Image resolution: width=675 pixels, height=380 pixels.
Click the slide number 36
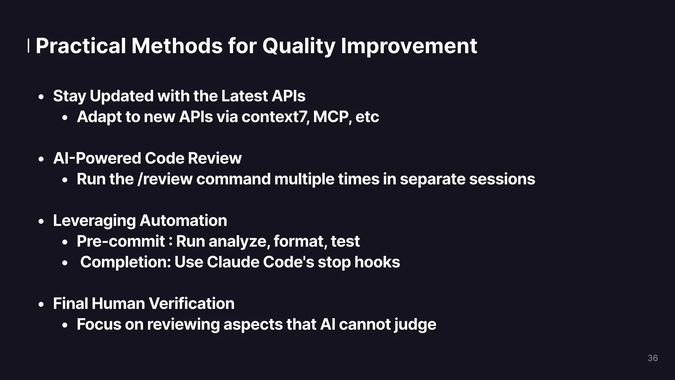click(x=653, y=358)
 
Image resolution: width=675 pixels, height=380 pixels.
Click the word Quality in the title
click(x=299, y=46)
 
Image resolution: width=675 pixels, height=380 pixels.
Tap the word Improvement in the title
click(x=409, y=46)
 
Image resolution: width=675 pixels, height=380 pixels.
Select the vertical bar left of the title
click(x=28, y=46)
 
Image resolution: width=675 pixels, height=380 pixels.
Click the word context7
click(x=276, y=117)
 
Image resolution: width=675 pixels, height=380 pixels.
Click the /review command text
click(x=165, y=179)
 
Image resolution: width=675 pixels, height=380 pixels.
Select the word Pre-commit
click(x=121, y=241)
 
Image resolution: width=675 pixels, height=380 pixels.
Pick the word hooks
click(x=377, y=262)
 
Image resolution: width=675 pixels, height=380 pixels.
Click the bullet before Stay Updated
click(x=41, y=97)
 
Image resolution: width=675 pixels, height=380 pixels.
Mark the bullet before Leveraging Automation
click(x=41, y=222)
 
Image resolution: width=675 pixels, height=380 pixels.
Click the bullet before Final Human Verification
click(x=41, y=305)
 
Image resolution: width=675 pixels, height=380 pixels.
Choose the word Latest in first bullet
click(x=245, y=96)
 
